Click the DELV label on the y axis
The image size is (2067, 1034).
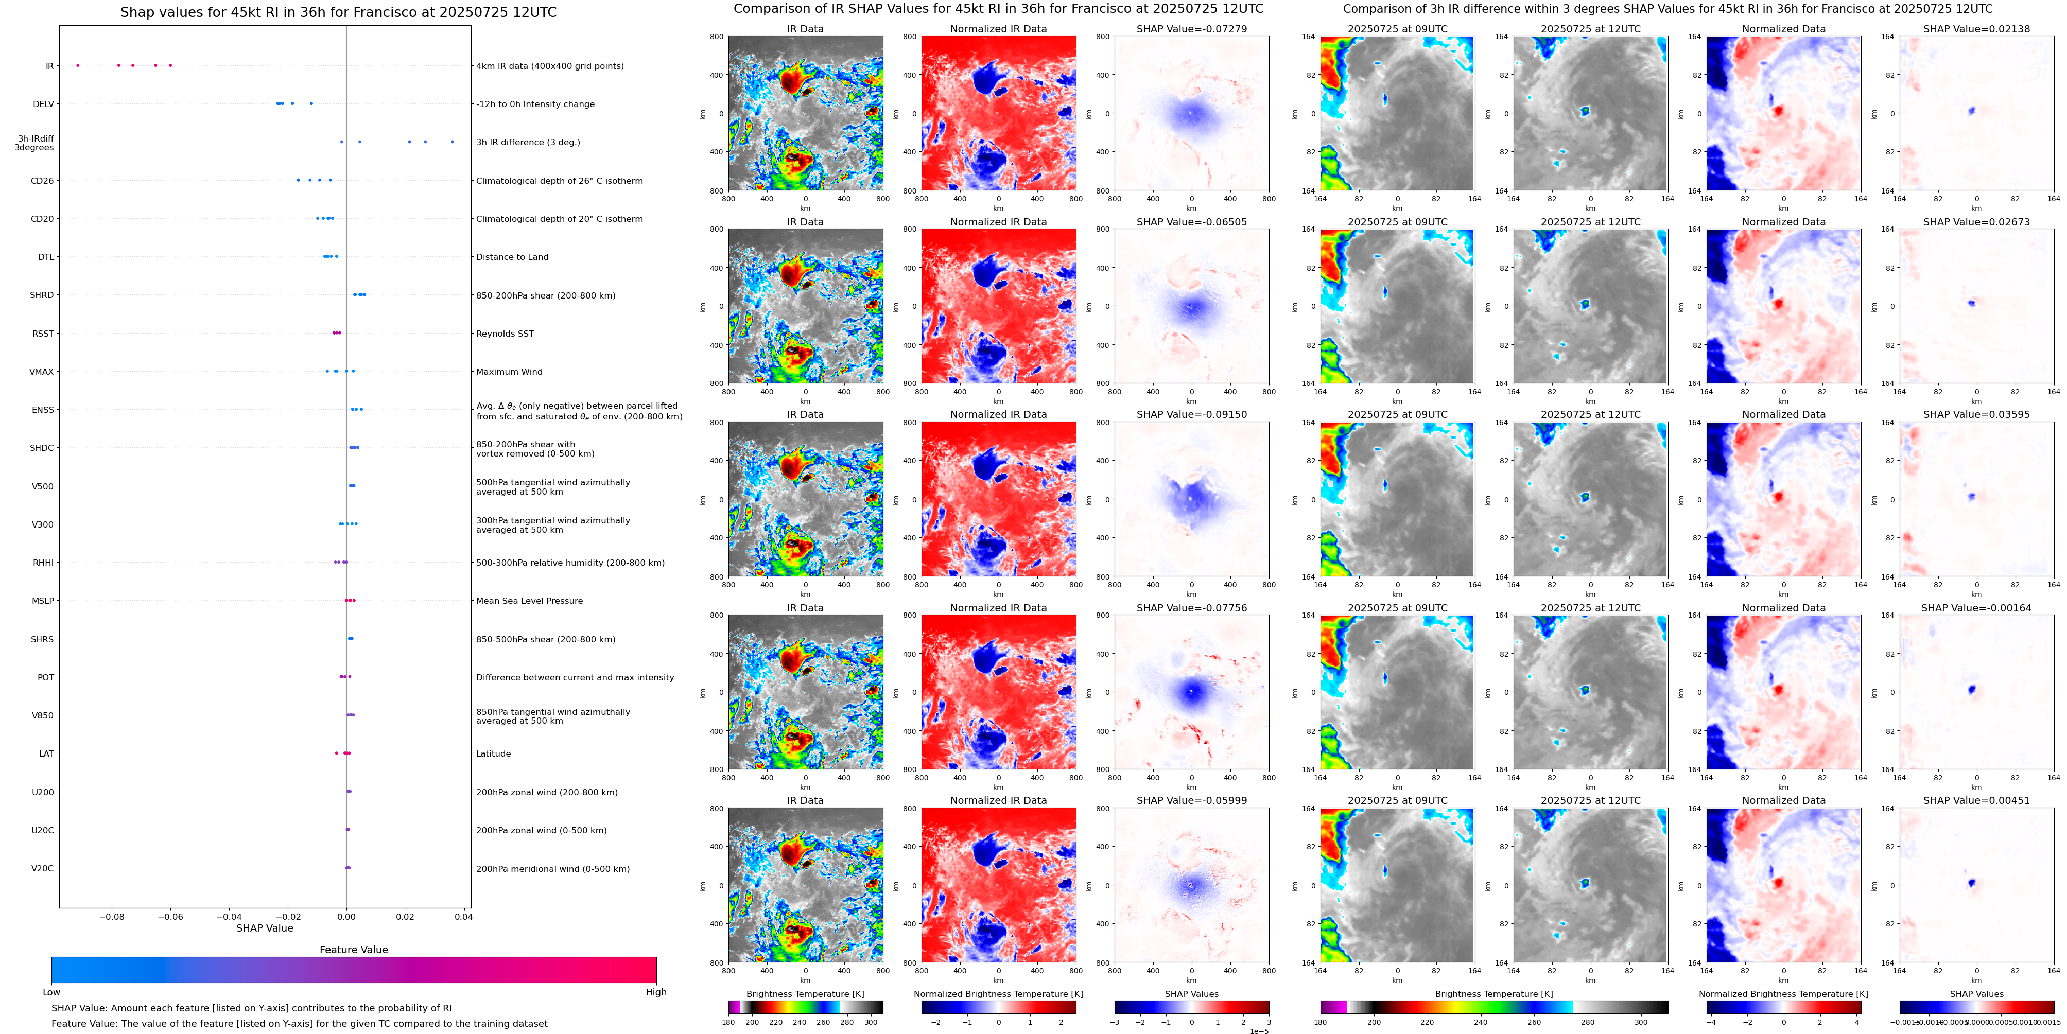click(43, 104)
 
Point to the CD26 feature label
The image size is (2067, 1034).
click(43, 181)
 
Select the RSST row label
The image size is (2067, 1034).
click(43, 334)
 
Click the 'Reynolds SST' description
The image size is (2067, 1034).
click(505, 334)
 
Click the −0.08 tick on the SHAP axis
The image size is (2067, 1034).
click(112, 916)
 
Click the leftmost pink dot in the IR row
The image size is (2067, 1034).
click(78, 65)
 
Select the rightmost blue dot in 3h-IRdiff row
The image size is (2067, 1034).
click(453, 142)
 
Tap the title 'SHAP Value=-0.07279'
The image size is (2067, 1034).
click(1192, 29)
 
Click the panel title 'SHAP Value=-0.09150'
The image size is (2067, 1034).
click(1192, 415)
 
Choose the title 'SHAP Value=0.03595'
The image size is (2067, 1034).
click(1976, 415)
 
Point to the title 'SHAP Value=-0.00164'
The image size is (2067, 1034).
click(1976, 608)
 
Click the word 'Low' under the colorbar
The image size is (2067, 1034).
click(51, 992)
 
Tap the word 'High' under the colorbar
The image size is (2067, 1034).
click(656, 992)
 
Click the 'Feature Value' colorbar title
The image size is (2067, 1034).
click(354, 950)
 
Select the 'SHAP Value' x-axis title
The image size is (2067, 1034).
click(265, 928)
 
